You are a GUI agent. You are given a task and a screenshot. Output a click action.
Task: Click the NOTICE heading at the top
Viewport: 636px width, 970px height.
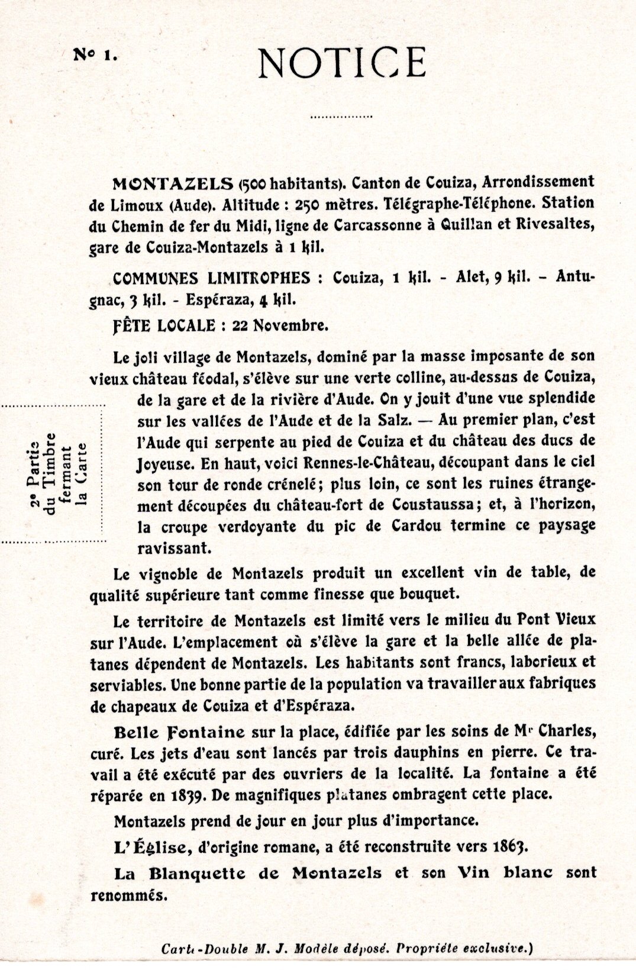pyautogui.click(x=342, y=63)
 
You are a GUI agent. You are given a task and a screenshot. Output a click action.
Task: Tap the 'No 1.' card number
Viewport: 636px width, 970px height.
pyautogui.click(x=95, y=55)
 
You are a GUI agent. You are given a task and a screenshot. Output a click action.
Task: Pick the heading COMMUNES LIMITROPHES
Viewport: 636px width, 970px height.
pyautogui.click(x=211, y=278)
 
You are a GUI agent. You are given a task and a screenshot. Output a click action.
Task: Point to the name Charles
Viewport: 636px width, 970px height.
pyautogui.click(x=560, y=731)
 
